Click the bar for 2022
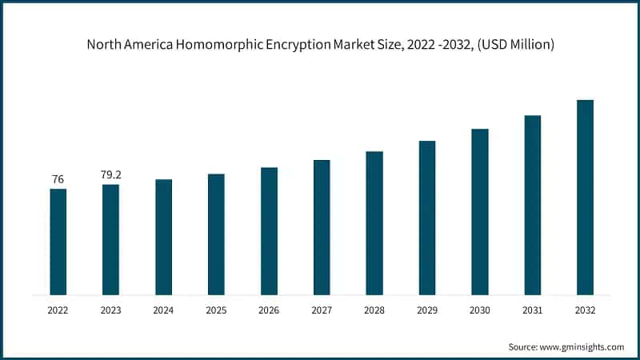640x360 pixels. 58,242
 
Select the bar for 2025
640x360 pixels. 216,234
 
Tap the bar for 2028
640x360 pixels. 374,222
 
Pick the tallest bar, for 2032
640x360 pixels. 585,197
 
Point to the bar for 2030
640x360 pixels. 479,211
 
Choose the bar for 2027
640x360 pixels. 322,227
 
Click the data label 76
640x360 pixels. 58,179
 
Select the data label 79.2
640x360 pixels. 110,174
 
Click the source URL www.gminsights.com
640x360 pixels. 582,346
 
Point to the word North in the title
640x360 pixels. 103,45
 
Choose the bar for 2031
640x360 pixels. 532,205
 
